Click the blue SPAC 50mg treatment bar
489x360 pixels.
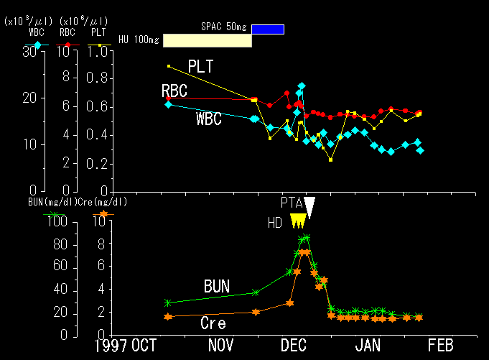268,29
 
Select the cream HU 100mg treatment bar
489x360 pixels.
208,40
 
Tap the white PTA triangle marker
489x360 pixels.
309,206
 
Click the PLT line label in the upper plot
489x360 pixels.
202,67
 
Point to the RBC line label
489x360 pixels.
174,91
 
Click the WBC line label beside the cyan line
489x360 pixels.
208,120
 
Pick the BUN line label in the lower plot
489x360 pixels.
216,287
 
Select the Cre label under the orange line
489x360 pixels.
213,324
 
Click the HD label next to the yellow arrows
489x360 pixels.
275,223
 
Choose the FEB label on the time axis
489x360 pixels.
439,346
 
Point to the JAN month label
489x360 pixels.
368,346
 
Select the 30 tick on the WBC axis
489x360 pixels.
31,51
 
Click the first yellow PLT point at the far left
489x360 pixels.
169,66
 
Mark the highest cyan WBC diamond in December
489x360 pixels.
302,86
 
